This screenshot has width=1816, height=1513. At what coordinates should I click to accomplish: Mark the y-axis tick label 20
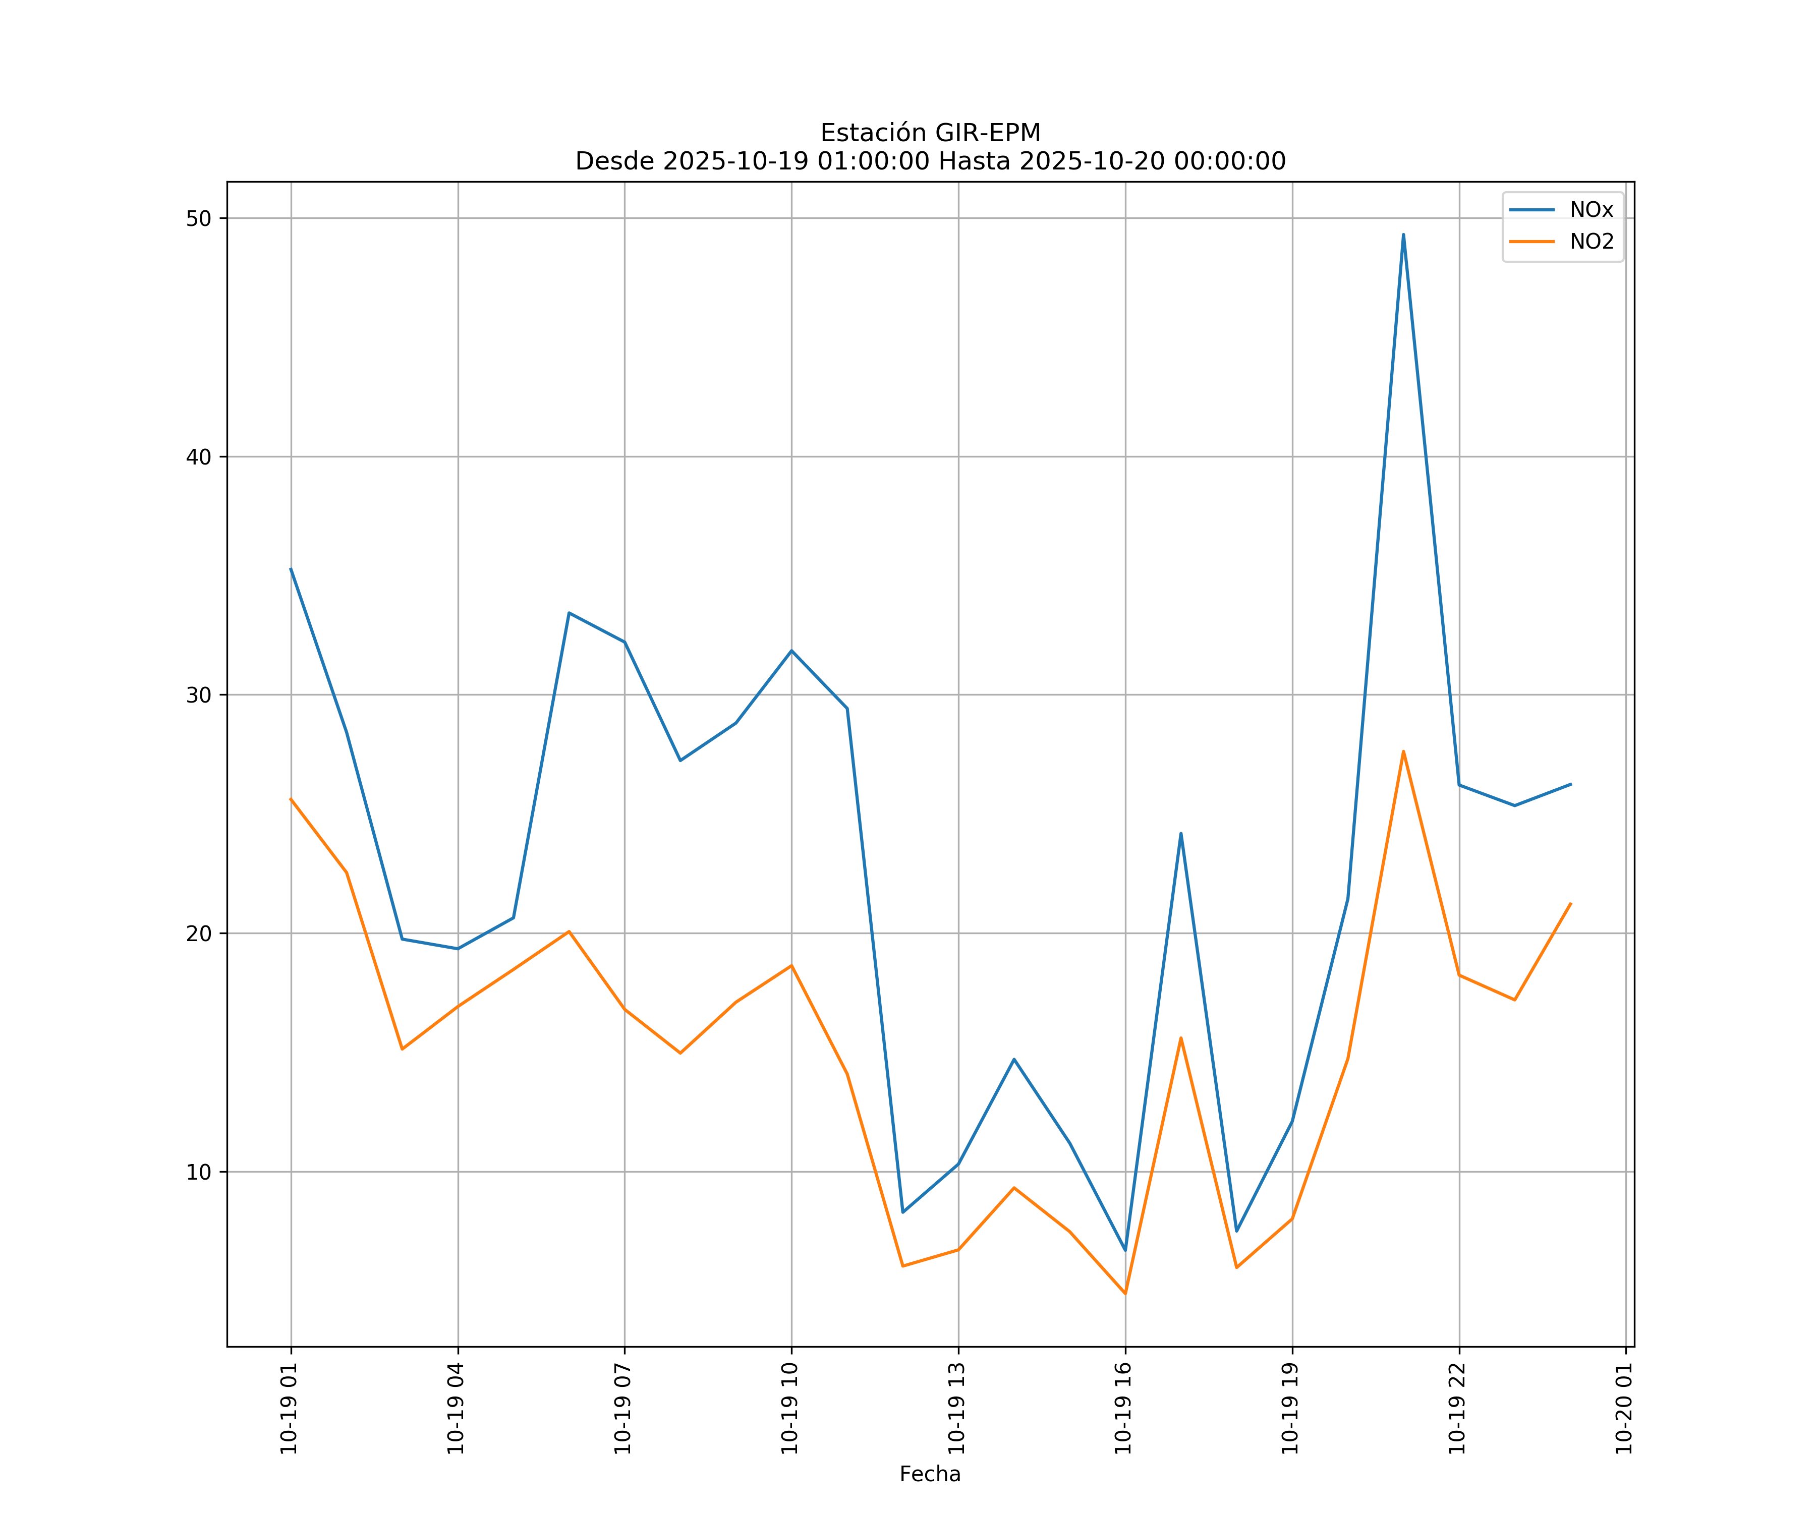pos(199,934)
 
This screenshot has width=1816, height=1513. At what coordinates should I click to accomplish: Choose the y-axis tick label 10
pos(199,1173)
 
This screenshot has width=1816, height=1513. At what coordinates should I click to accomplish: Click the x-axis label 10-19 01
pos(289,1409)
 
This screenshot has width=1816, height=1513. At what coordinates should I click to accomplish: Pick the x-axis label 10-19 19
pos(1290,1409)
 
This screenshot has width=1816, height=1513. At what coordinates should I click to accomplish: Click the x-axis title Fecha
pos(930,1474)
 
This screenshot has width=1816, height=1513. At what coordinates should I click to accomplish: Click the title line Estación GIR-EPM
pos(930,133)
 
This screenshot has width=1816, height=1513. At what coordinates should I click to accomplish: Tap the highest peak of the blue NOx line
pos(1403,235)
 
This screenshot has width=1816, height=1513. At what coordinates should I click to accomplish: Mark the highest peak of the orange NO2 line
pos(1403,751)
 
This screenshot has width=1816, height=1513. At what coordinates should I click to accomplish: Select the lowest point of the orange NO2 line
pos(1125,1294)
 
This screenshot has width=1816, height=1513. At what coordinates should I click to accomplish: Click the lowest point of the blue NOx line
pos(1125,1250)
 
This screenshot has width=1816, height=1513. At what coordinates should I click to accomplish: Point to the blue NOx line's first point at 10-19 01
pos(291,569)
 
